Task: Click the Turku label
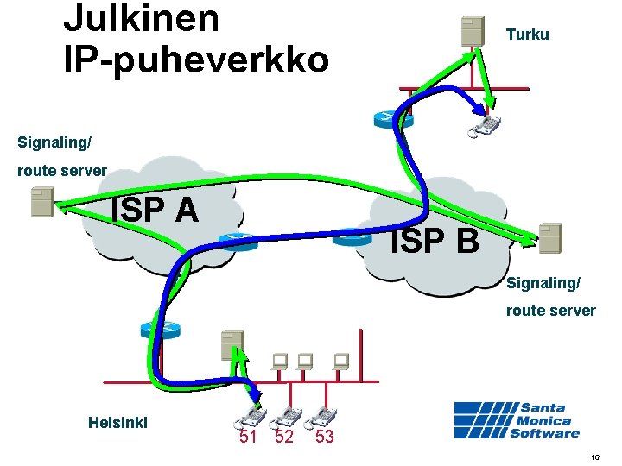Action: pyautogui.click(x=527, y=35)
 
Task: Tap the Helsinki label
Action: pyautogui.click(x=117, y=422)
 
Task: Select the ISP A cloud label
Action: pyautogui.click(x=155, y=209)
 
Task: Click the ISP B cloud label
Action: pyautogui.click(x=434, y=242)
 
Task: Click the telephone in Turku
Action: pyautogui.click(x=486, y=126)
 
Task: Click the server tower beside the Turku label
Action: pyautogui.click(x=472, y=30)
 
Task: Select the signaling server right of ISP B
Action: pyautogui.click(x=549, y=237)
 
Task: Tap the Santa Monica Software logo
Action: pyautogui.click(x=517, y=420)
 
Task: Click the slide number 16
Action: pyautogui.click(x=595, y=456)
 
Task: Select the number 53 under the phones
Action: pyautogui.click(x=324, y=438)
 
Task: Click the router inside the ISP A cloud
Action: pyautogui.click(x=237, y=241)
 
